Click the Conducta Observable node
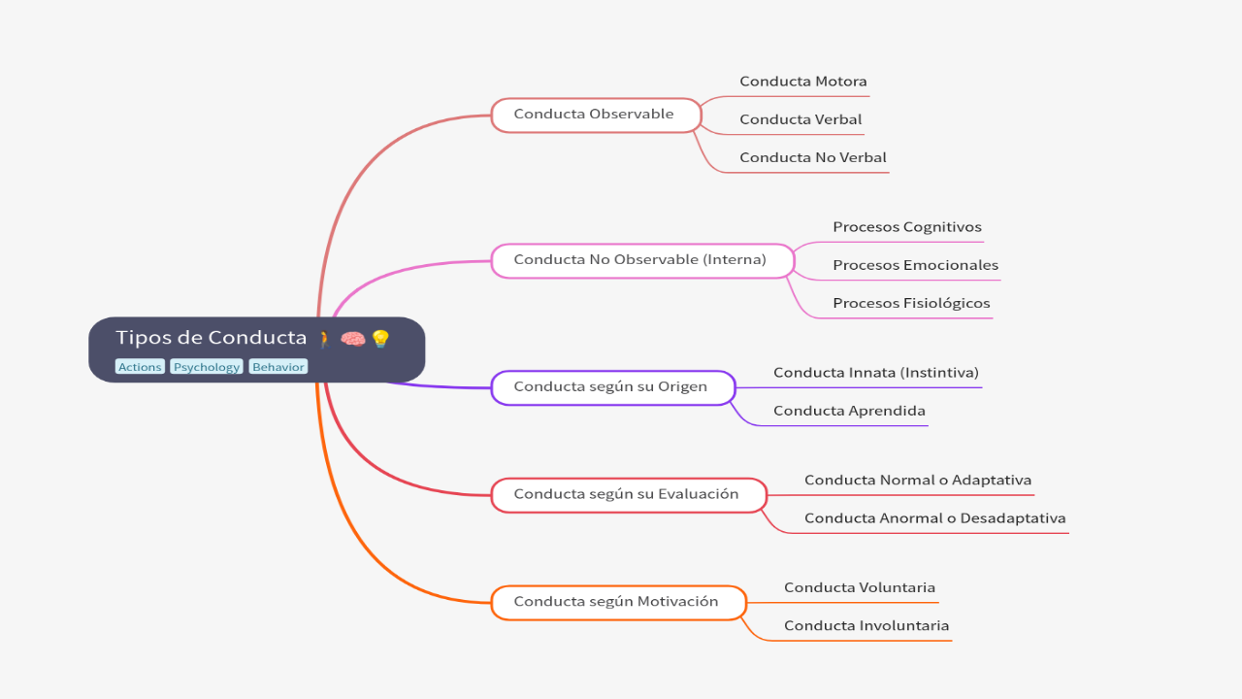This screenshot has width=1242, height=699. pyautogui.click(x=595, y=115)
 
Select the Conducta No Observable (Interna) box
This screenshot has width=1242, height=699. pyautogui.click(x=641, y=260)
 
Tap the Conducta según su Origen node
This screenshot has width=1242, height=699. pyautogui.click(x=611, y=387)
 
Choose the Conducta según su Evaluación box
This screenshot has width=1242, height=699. pyautogui.click(x=627, y=494)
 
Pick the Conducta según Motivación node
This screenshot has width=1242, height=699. pyautogui.click(x=617, y=602)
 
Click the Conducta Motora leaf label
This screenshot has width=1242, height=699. pyautogui.click(x=802, y=82)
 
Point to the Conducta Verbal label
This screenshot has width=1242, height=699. pyautogui.click(x=800, y=119)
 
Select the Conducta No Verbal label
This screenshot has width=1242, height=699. pyautogui.click(x=812, y=157)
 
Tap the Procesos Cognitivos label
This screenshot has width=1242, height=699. pyautogui.click(x=906, y=227)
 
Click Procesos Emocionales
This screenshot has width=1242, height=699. pyautogui.click(x=915, y=265)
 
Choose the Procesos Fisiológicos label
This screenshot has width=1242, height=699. pyautogui.click(x=911, y=303)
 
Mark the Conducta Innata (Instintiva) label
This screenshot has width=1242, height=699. pyautogui.click(x=875, y=373)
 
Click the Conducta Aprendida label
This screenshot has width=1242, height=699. pyautogui.click(x=849, y=411)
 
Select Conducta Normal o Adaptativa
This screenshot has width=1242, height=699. pyautogui.click(x=917, y=481)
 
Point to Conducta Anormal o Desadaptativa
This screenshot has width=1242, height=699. pyautogui.click(x=934, y=518)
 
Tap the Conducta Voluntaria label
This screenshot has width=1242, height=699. pyautogui.click(x=859, y=587)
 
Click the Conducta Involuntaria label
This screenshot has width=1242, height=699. pyautogui.click(x=866, y=626)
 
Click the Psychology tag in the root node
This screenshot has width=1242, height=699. pyautogui.click(x=207, y=367)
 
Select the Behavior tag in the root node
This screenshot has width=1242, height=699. pyautogui.click(x=278, y=367)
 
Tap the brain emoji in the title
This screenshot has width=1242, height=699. pyautogui.click(x=352, y=339)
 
